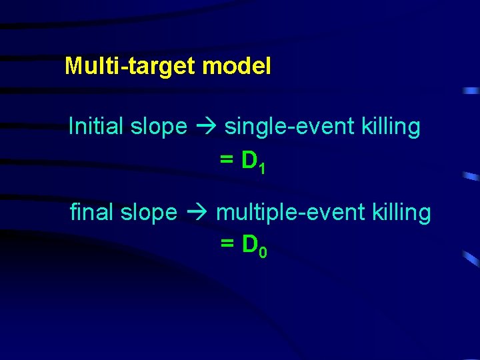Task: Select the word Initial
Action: click(95, 126)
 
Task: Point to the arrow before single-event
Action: click(206, 127)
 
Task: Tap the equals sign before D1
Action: click(227, 161)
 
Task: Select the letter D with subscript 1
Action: click(249, 160)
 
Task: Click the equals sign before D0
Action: click(227, 246)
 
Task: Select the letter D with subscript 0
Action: click(249, 245)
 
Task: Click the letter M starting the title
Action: click(73, 66)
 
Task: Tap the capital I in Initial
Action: click(71, 126)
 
